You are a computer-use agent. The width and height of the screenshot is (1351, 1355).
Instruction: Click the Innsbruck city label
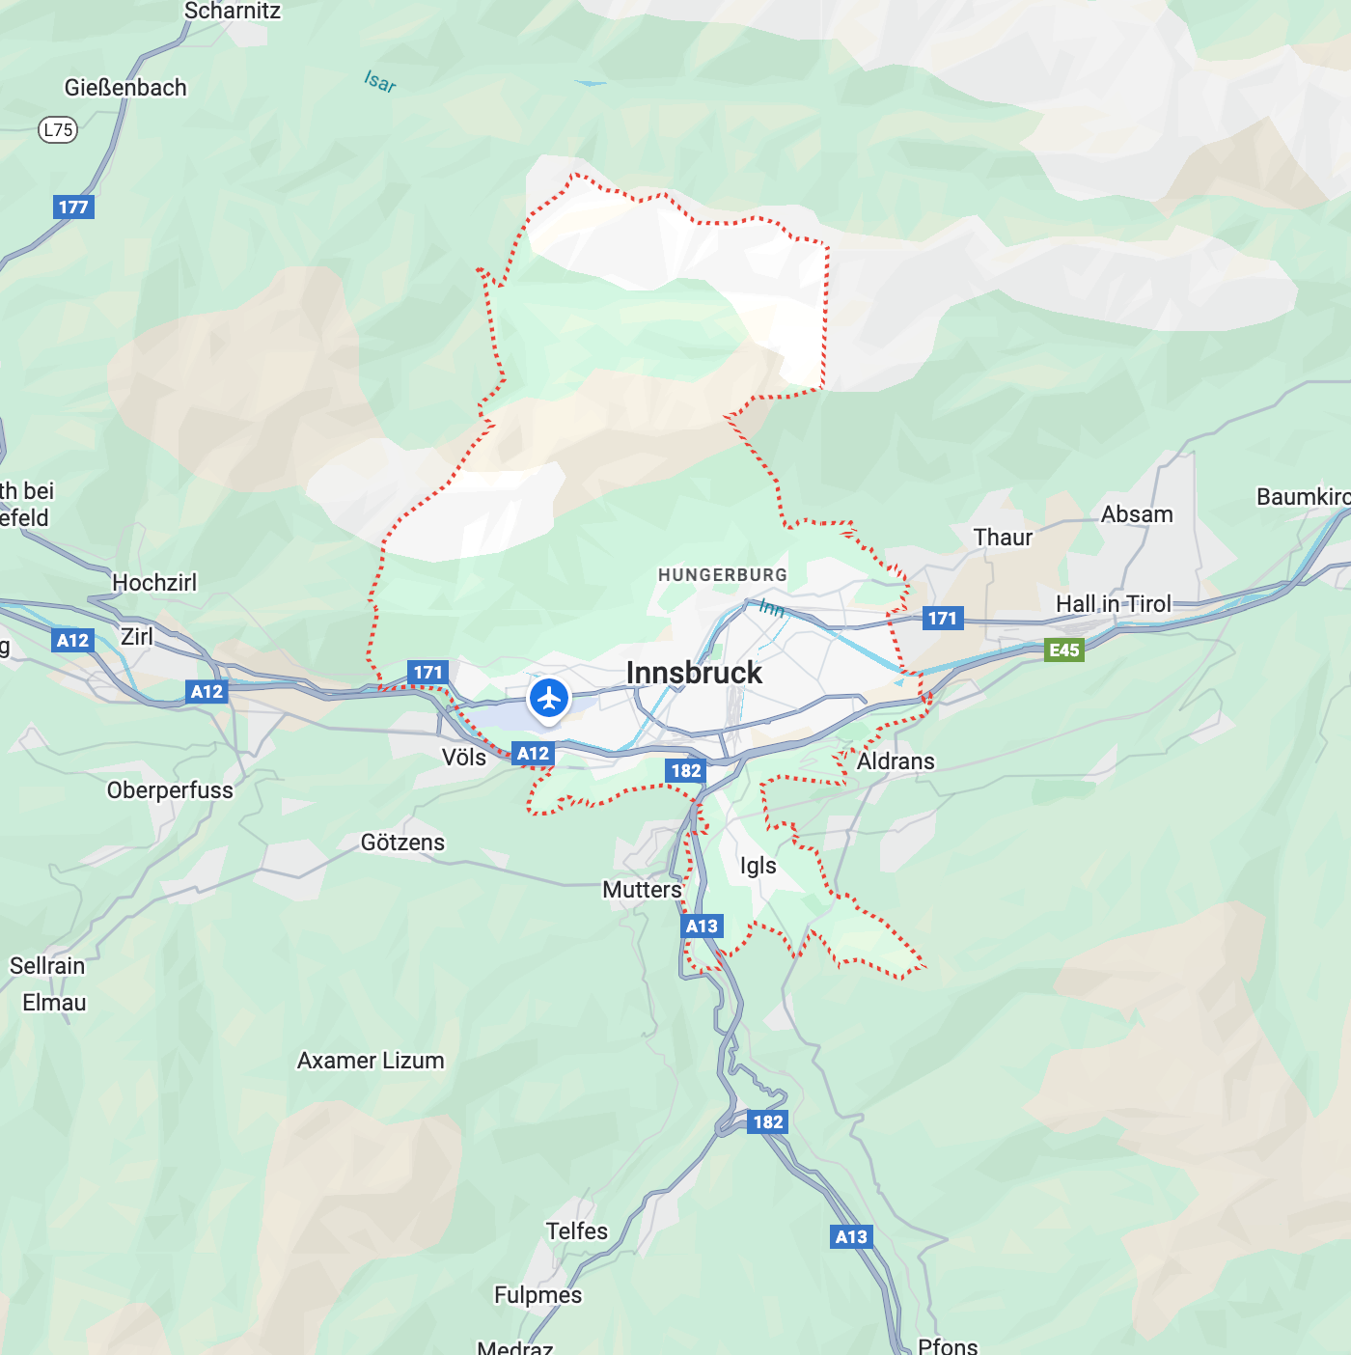pyautogui.click(x=694, y=673)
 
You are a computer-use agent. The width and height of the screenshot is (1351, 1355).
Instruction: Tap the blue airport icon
pyautogui.click(x=549, y=697)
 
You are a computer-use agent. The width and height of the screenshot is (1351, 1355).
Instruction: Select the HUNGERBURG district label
pyautogui.click(x=722, y=575)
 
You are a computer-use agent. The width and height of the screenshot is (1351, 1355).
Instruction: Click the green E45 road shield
pyautogui.click(x=1063, y=650)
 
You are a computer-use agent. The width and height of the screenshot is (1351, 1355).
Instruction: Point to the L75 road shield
pyautogui.click(x=58, y=129)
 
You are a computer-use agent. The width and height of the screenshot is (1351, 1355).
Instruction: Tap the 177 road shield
pyautogui.click(x=73, y=207)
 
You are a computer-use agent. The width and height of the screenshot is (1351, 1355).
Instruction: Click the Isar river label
pyautogui.click(x=380, y=82)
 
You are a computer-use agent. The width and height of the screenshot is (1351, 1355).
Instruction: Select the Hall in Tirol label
pyautogui.click(x=1113, y=604)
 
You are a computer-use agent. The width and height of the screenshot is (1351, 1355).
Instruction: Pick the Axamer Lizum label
pyautogui.click(x=371, y=1061)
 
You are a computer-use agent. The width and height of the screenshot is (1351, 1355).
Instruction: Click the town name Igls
pyautogui.click(x=758, y=866)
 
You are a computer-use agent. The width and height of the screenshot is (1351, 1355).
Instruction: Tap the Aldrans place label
pyautogui.click(x=896, y=761)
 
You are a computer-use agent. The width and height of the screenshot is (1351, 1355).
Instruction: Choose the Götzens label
pyautogui.click(x=402, y=843)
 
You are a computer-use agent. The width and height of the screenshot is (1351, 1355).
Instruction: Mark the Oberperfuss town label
pyautogui.click(x=170, y=790)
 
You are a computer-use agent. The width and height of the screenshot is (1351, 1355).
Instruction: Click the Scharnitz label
pyautogui.click(x=233, y=12)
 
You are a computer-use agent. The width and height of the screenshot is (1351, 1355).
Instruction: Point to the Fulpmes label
pyautogui.click(x=538, y=1295)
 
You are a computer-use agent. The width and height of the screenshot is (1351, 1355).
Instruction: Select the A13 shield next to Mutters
pyautogui.click(x=702, y=926)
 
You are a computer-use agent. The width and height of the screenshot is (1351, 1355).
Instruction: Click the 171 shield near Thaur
pyautogui.click(x=942, y=619)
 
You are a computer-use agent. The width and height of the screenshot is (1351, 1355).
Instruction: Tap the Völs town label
pyautogui.click(x=464, y=758)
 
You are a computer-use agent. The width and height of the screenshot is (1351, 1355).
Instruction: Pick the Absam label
pyautogui.click(x=1137, y=514)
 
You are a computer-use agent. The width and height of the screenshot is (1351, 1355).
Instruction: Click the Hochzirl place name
pyautogui.click(x=154, y=583)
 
